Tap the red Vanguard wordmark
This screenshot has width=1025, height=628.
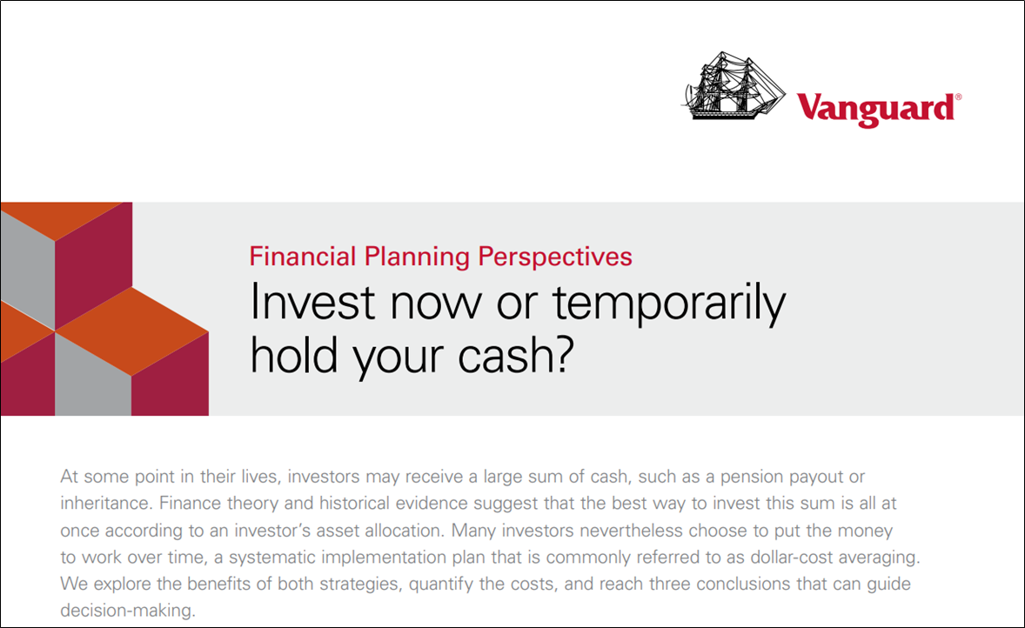click(x=874, y=109)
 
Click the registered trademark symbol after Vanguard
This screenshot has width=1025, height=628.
click(x=958, y=97)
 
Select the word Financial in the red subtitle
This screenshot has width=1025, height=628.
click(x=303, y=257)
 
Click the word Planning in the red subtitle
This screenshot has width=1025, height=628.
click(x=417, y=257)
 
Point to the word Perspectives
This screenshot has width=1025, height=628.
click(x=555, y=257)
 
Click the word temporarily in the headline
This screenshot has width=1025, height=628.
click(x=669, y=304)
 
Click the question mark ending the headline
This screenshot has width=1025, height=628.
click(x=564, y=355)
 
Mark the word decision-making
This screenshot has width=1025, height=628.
click(x=127, y=611)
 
